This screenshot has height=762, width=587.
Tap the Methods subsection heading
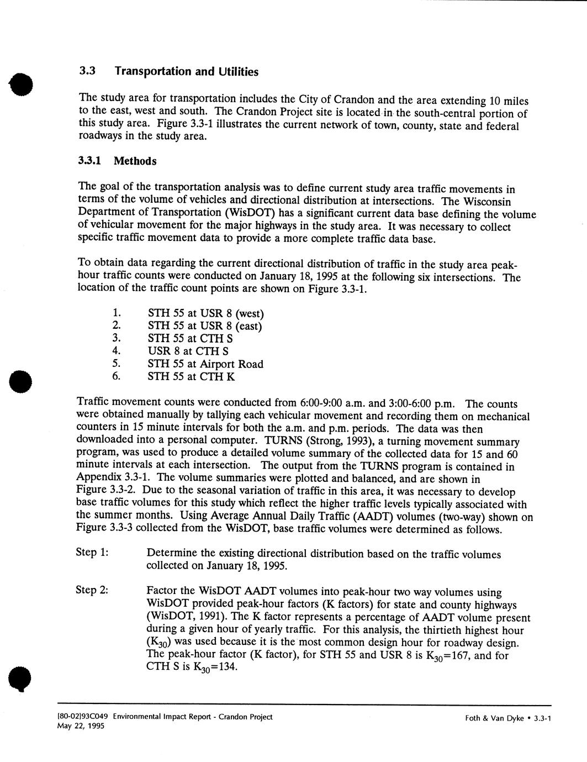tap(135, 161)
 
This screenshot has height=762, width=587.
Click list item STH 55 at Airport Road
tap(205, 364)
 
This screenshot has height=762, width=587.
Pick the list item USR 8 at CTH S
tap(188, 351)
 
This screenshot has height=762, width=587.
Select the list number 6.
tap(116, 377)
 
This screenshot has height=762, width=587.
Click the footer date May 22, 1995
tap(81, 726)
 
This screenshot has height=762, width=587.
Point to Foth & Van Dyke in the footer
tap(494, 718)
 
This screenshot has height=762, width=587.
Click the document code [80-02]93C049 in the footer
tap(83, 717)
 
